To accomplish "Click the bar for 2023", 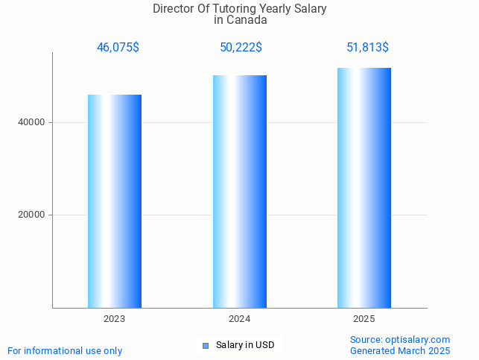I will point(115,200).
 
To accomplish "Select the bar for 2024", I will point(240,191).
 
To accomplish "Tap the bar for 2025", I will point(364,187).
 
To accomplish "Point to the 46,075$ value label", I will point(118,48).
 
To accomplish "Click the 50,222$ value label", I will point(241,48).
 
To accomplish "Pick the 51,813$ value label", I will point(367,48).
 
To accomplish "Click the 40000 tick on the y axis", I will point(33,122).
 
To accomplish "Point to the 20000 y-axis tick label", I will point(33,215).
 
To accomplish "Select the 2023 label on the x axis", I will point(115,319).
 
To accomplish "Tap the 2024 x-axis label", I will point(240,319).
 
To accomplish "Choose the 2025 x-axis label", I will point(364,319).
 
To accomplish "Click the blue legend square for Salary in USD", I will point(206,345).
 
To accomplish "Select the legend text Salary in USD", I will point(245,345).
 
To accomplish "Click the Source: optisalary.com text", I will point(400,339).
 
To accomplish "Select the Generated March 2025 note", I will point(400,350).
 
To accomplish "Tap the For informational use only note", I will point(65,350).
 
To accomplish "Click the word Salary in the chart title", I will point(309,9).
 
